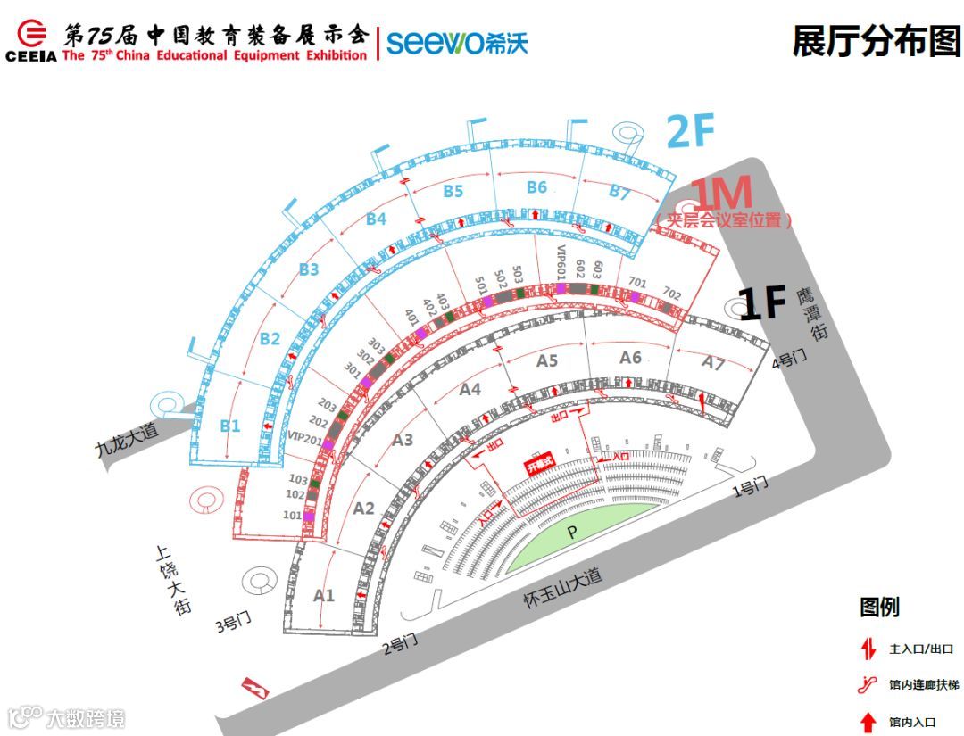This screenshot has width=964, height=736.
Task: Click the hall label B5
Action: [453, 191]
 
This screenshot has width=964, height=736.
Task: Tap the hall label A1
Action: [324, 594]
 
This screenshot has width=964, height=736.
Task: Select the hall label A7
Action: [712, 363]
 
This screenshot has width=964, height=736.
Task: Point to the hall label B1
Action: [230, 426]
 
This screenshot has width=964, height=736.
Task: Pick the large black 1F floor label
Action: [762, 304]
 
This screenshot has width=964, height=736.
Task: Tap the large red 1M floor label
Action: [723, 194]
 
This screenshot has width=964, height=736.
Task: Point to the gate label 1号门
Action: [750, 487]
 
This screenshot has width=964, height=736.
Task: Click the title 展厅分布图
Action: [876, 41]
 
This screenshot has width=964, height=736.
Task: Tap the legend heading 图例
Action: [879, 608]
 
